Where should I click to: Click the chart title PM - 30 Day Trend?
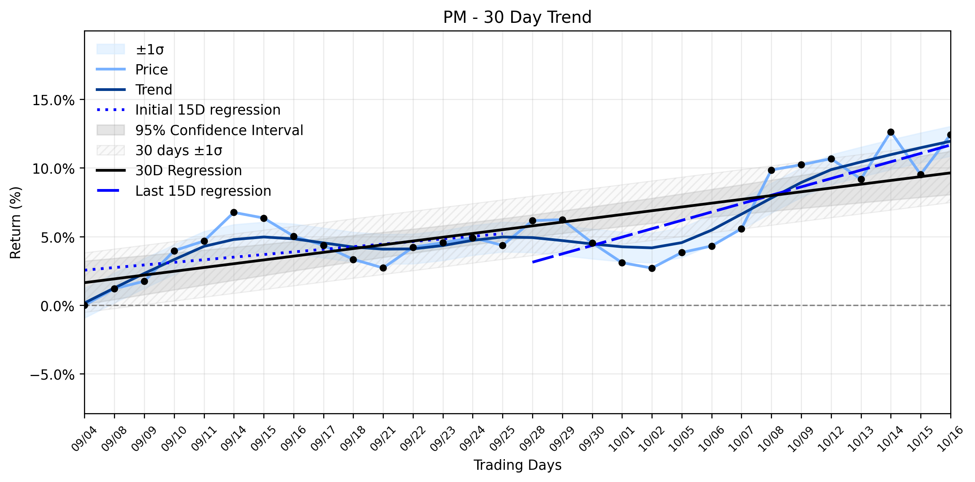[x=517, y=17]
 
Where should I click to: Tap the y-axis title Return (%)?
[x=15, y=223]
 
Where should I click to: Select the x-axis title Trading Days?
[x=517, y=465]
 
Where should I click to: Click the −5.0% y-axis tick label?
[x=52, y=374]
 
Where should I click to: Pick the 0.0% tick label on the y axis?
[x=58, y=306]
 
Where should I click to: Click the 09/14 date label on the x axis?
[x=233, y=438]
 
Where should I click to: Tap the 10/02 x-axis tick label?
[x=651, y=438]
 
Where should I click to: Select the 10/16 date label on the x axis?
[x=950, y=438]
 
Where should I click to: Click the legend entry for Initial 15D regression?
[x=208, y=110]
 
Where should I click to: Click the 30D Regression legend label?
[x=188, y=171]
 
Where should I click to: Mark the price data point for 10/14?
[x=891, y=132]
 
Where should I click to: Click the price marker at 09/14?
[x=234, y=212]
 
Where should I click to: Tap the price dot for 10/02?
[x=652, y=268]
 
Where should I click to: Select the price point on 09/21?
[x=383, y=268]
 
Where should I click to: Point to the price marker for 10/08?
[x=771, y=170]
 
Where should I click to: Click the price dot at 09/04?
[x=85, y=305]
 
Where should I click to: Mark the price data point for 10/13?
[x=861, y=179]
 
